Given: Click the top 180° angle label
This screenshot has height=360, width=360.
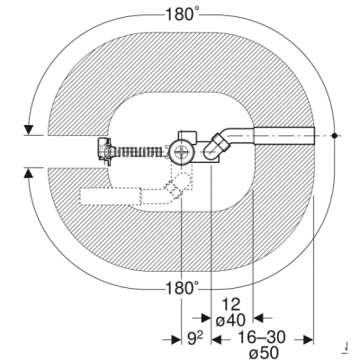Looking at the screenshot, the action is click(183, 14).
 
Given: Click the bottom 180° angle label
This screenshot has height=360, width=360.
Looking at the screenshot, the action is click(183, 288).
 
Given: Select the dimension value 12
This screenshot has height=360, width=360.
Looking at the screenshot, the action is click(231, 304).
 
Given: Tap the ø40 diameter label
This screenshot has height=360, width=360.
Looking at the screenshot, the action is click(231, 320).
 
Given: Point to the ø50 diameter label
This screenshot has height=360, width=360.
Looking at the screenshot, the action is click(264, 352).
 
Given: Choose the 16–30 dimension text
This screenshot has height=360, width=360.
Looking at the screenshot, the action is click(261, 337).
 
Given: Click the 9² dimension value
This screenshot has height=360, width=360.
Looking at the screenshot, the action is click(195, 339).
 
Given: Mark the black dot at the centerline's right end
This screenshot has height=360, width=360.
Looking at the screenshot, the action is click(335, 136).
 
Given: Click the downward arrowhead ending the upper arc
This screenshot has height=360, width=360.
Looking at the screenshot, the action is click(29, 130).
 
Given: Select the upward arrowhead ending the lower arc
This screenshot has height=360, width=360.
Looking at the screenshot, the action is click(29, 173).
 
